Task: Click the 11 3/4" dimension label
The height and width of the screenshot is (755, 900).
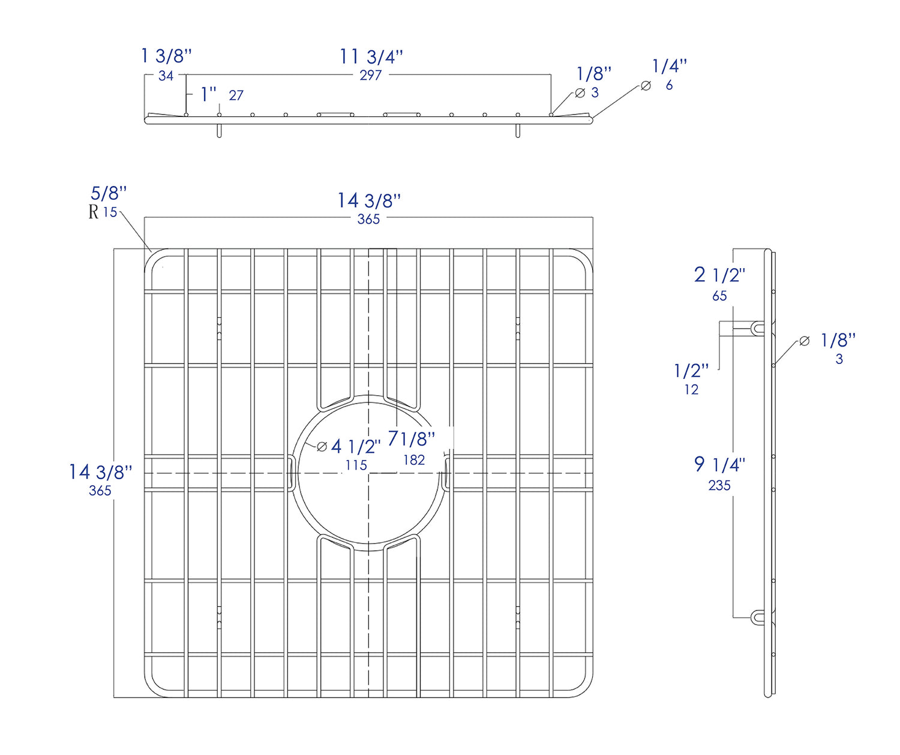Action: coord(371,57)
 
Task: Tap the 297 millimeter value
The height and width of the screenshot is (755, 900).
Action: coord(371,76)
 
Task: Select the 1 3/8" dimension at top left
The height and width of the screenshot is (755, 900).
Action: coord(166,56)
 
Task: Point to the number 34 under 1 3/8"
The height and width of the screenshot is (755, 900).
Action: coord(166,76)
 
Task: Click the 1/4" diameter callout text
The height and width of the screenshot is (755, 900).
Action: coord(670,66)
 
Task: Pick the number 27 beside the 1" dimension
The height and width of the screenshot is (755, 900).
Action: coord(236,95)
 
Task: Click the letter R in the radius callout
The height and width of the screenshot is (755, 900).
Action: coord(94,212)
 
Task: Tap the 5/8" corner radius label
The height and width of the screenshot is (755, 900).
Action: coord(109,193)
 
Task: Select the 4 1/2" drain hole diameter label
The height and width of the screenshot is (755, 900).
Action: coord(356,446)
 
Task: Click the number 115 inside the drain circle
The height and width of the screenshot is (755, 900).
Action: coord(356,465)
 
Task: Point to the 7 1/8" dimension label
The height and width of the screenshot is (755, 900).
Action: coord(412,439)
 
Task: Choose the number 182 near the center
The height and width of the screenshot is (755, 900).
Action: coord(414,460)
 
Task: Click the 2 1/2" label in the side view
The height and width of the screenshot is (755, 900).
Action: coord(719,275)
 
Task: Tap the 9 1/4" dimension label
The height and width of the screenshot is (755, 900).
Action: coord(719,464)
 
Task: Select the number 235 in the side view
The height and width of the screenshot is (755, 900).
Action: coord(719,486)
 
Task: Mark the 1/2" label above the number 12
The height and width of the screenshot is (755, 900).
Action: coord(691,371)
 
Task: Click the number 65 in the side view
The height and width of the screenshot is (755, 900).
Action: coord(719,296)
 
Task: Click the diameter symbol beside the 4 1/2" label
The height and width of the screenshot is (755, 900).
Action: coord(322,447)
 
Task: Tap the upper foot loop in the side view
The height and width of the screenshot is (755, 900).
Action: coord(758,329)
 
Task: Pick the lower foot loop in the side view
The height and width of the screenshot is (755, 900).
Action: coord(758,617)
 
